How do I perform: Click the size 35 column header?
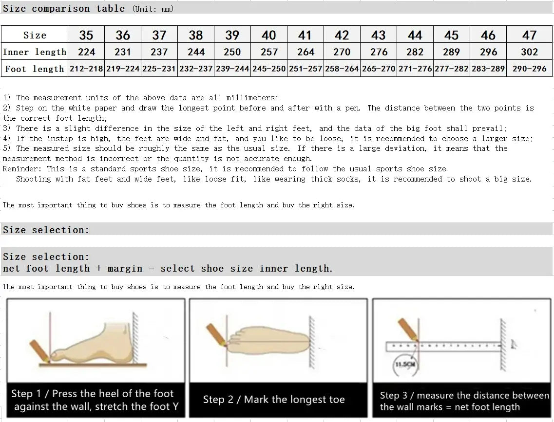[x=86, y=35]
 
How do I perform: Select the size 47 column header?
[x=529, y=35]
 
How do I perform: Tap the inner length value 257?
[x=269, y=52]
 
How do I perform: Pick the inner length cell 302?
[x=529, y=52]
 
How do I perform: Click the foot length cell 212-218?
[x=86, y=69]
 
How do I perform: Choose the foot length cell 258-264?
[x=342, y=69]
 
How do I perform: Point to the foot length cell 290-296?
[x=529, y=69]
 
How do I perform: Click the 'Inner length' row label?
[x=35, y=52]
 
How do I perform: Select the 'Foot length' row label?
[x=35, y=69]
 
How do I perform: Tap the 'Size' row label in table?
[x=35, y=35]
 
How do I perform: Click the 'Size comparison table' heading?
[x=64, y=9]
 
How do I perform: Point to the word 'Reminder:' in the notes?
[x=22, y=169]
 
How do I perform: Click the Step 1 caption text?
[x=96, y=400]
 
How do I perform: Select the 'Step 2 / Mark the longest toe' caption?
[x=274, y=400]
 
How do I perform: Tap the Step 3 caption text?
[x=463, y=401]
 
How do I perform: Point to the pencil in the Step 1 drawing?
[x=39, y=350]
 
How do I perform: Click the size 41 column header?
[x=305, y=35]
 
